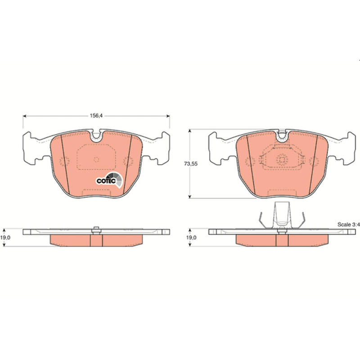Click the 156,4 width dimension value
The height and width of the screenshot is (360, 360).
pos(96,116)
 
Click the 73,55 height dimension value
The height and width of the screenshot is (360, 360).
pos(190,164)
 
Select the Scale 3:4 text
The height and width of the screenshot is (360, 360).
pos(348,225)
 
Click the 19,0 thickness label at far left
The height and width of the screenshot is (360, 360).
pos(5,238)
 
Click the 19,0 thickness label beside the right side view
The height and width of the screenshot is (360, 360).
pos(191,238)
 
